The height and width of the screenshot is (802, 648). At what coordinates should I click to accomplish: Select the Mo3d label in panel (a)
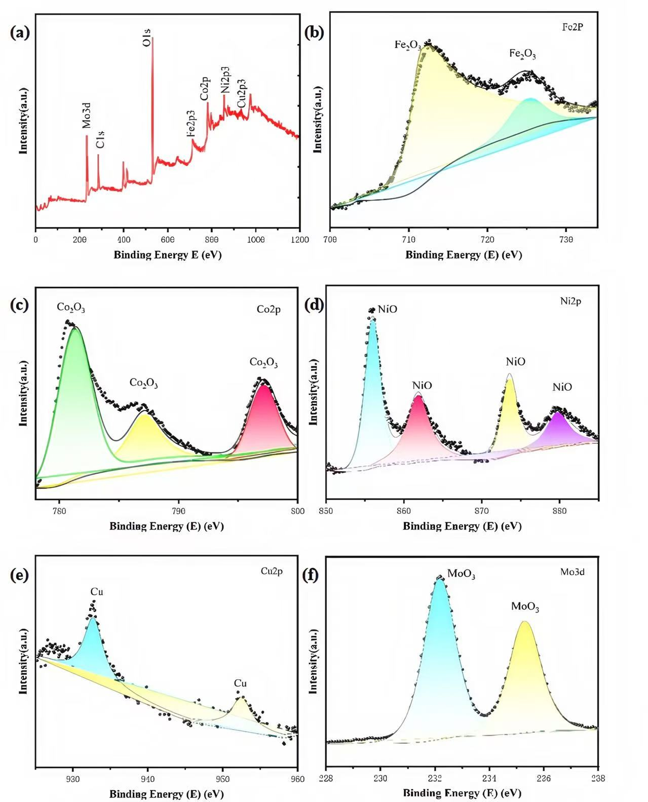tap(87, 116)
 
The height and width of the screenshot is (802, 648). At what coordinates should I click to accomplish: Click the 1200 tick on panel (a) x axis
tap(299, 240)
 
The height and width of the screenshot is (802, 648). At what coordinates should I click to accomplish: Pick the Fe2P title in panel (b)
tap(573, 27)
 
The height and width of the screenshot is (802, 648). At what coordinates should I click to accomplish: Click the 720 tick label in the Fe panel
tap(487, 240)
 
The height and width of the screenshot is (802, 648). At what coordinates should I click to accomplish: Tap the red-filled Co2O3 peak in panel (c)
tap(264, 421)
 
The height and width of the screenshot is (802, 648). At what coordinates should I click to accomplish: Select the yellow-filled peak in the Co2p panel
tap(145, 436)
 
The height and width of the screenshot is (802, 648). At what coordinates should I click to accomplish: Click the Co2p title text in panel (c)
tap(269, 310)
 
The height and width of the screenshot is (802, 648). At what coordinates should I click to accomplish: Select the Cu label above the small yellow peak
tap(240, 683)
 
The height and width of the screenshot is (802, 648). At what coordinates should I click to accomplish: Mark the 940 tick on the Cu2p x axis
tap(147, 779)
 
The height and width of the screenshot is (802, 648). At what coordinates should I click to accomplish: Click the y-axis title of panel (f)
tap(314, 661)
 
